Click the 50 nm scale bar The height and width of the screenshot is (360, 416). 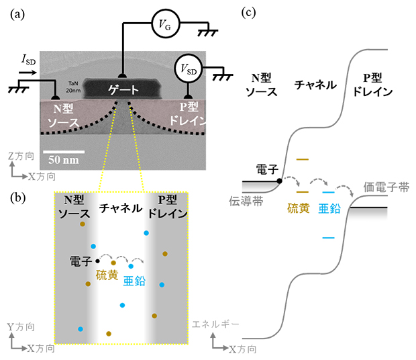64,151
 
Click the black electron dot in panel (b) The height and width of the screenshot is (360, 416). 98,261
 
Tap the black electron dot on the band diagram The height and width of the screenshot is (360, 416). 278,181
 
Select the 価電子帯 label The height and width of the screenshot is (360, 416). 386,188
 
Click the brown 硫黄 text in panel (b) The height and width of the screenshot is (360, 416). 107,275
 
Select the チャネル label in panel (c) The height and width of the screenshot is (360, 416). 315,85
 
